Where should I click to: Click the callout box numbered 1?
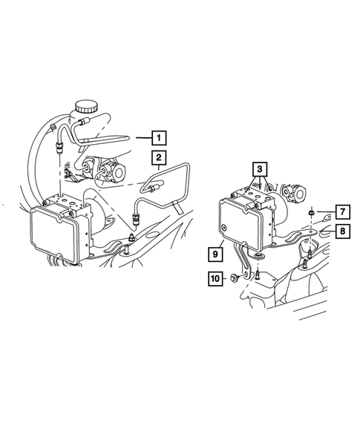coord(158,137)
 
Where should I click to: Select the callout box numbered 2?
coord(158,157)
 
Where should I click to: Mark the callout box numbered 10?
coord(215,279)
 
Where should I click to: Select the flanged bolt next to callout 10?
coord(235,279)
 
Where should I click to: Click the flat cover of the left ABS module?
coord(53,230)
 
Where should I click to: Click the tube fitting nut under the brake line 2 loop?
coord(136,217)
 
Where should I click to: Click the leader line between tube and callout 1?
coord(143,137)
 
